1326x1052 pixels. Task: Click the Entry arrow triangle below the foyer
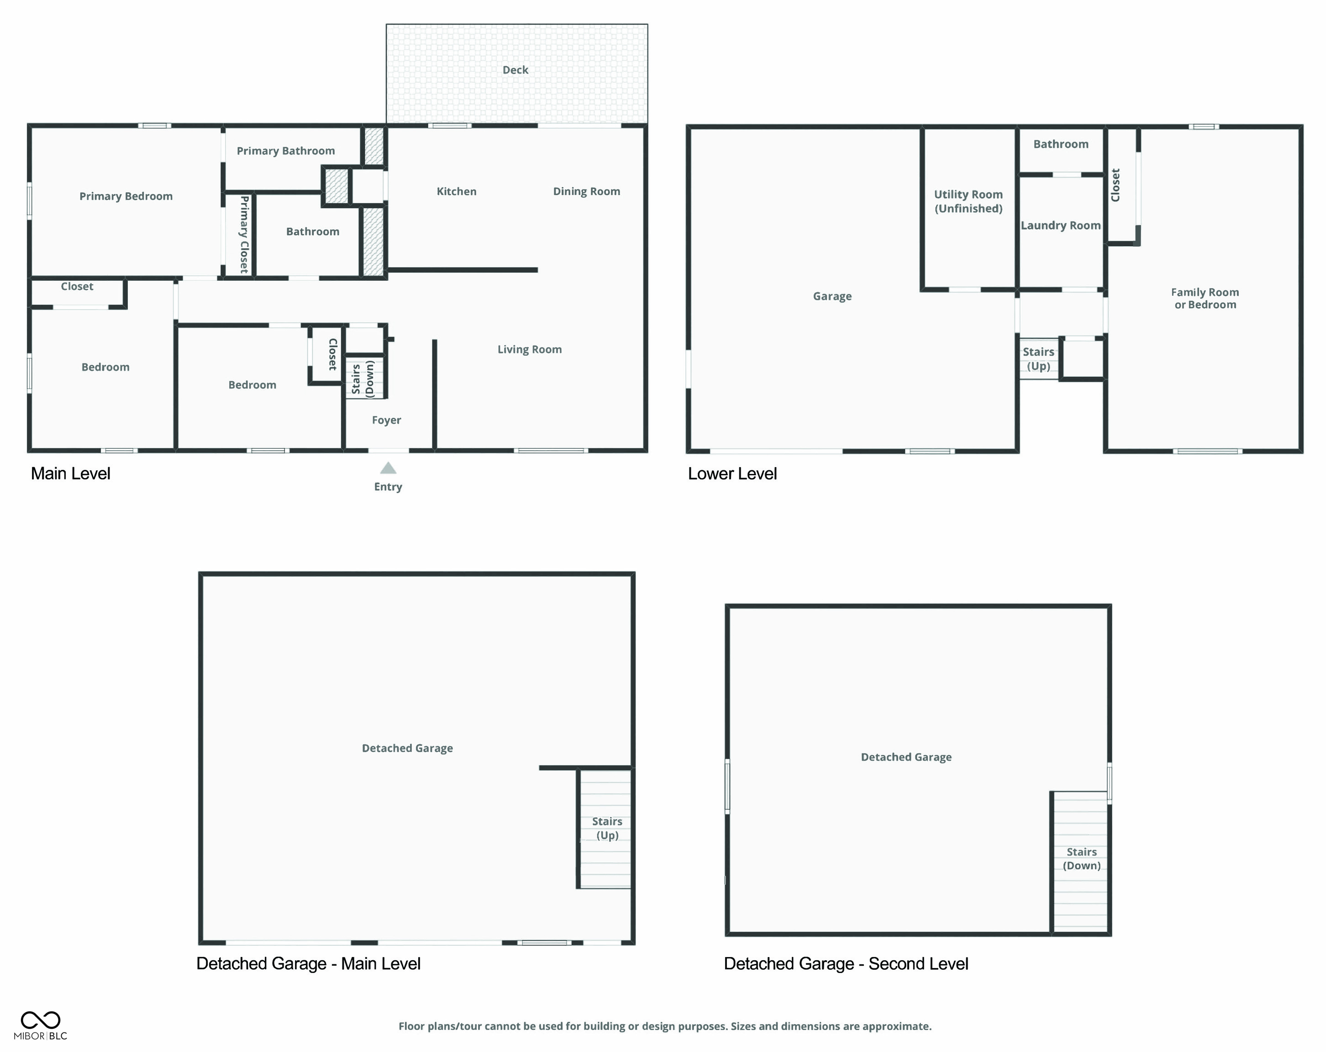tap(388, 468)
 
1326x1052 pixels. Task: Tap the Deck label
tap(516, 70)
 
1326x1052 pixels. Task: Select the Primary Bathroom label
tap(286, 151)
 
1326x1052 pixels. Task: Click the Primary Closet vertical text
tap(244, 234)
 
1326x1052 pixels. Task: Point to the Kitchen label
tap(456, 191)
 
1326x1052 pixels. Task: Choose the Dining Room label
tap(586, 191)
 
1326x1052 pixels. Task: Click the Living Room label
tap(530, 349)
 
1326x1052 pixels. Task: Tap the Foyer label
tap(386, 420)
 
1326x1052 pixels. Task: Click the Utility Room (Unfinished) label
tap(968, 201)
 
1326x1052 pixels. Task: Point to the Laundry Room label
tap(1060, 225)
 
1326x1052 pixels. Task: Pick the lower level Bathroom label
tap(1060, 144)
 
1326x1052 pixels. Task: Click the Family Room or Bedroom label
tap(1205, 298)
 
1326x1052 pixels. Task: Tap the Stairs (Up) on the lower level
tap(1038, 359)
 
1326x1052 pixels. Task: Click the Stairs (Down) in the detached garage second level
tap(1081, 858)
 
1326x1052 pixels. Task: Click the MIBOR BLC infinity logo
tap(41, 1020)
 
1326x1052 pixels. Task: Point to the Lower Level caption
tap(732, 473)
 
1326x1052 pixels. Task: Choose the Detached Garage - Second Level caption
tap(846, 963)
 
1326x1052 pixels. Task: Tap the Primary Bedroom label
tap(126, 196)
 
